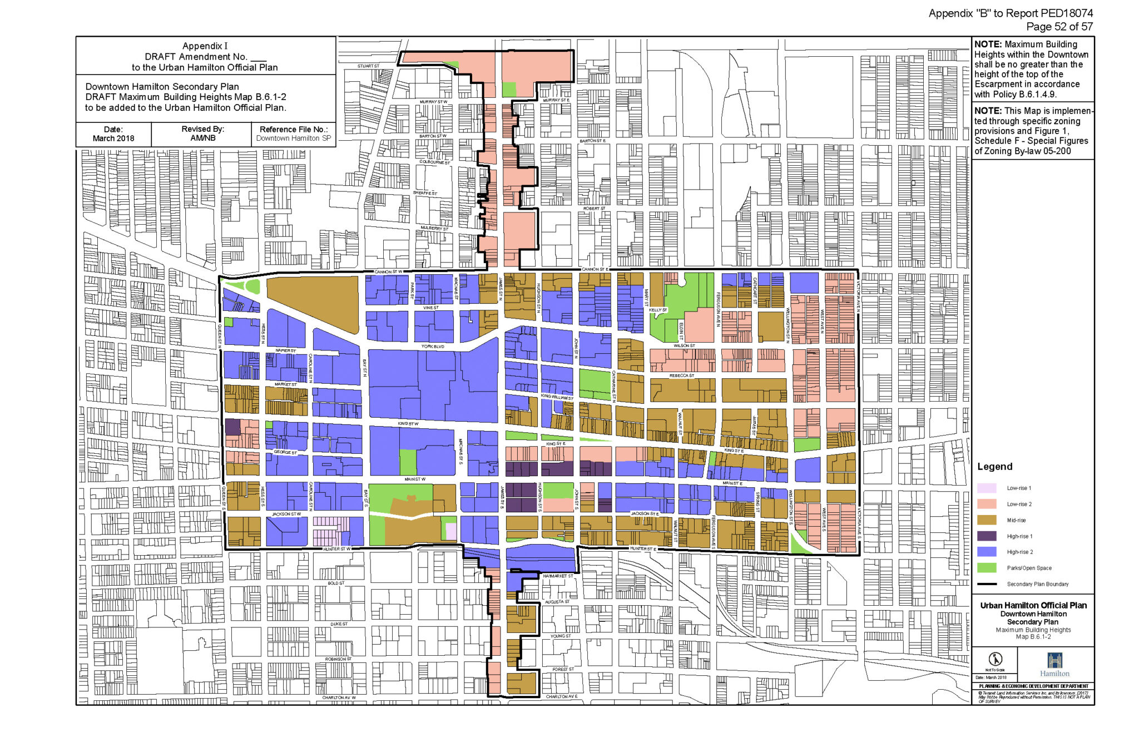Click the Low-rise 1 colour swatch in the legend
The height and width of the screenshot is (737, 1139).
click(987, 488)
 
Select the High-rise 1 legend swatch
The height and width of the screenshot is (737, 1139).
click(987, 536)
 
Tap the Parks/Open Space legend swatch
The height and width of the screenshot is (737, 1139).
click(987, 568)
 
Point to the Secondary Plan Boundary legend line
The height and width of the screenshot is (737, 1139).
click(987, 584)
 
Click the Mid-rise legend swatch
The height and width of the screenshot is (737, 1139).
click(987, 520)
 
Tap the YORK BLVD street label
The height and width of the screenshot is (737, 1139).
click(433, 347)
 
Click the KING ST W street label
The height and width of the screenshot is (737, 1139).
click(408, 424)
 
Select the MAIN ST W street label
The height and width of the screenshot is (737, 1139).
click(415, 479)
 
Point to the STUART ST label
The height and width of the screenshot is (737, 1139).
click(368, 66)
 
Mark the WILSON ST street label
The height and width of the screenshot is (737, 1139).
click(684, 345)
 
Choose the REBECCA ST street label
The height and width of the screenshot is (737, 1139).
click(682, 375)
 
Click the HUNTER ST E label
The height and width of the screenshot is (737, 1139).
click(643, 549)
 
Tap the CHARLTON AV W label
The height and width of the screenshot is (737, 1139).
click(339, 698)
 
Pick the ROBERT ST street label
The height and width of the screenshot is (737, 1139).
click(594, 209)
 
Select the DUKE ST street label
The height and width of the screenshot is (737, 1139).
click(339, 624)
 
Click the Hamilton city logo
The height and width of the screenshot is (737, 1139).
click(1054, 665)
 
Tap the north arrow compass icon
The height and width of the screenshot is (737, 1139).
click(995, 659)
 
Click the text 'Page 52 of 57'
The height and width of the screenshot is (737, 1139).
click(1059, 27)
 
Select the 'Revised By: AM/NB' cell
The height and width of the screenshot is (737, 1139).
click(202, 133)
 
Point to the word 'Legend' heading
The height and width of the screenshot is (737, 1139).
click(994, 467)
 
